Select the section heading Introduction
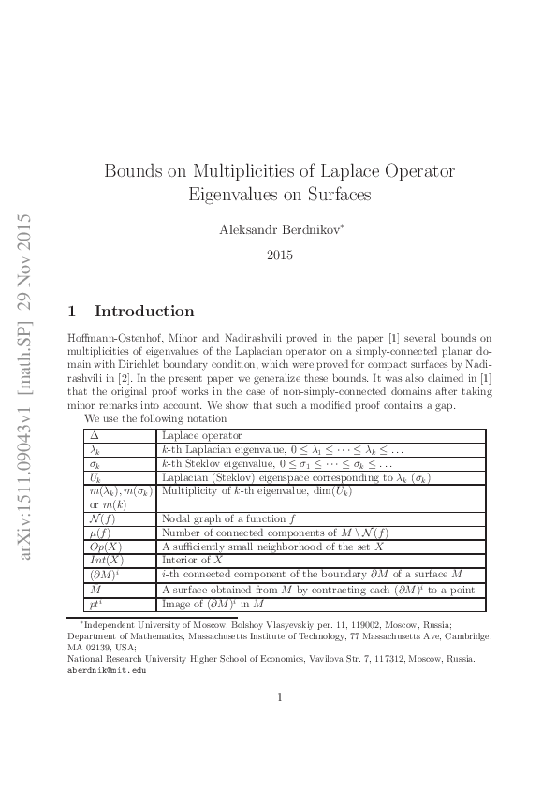[144, 312]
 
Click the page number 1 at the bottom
[280, 723]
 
